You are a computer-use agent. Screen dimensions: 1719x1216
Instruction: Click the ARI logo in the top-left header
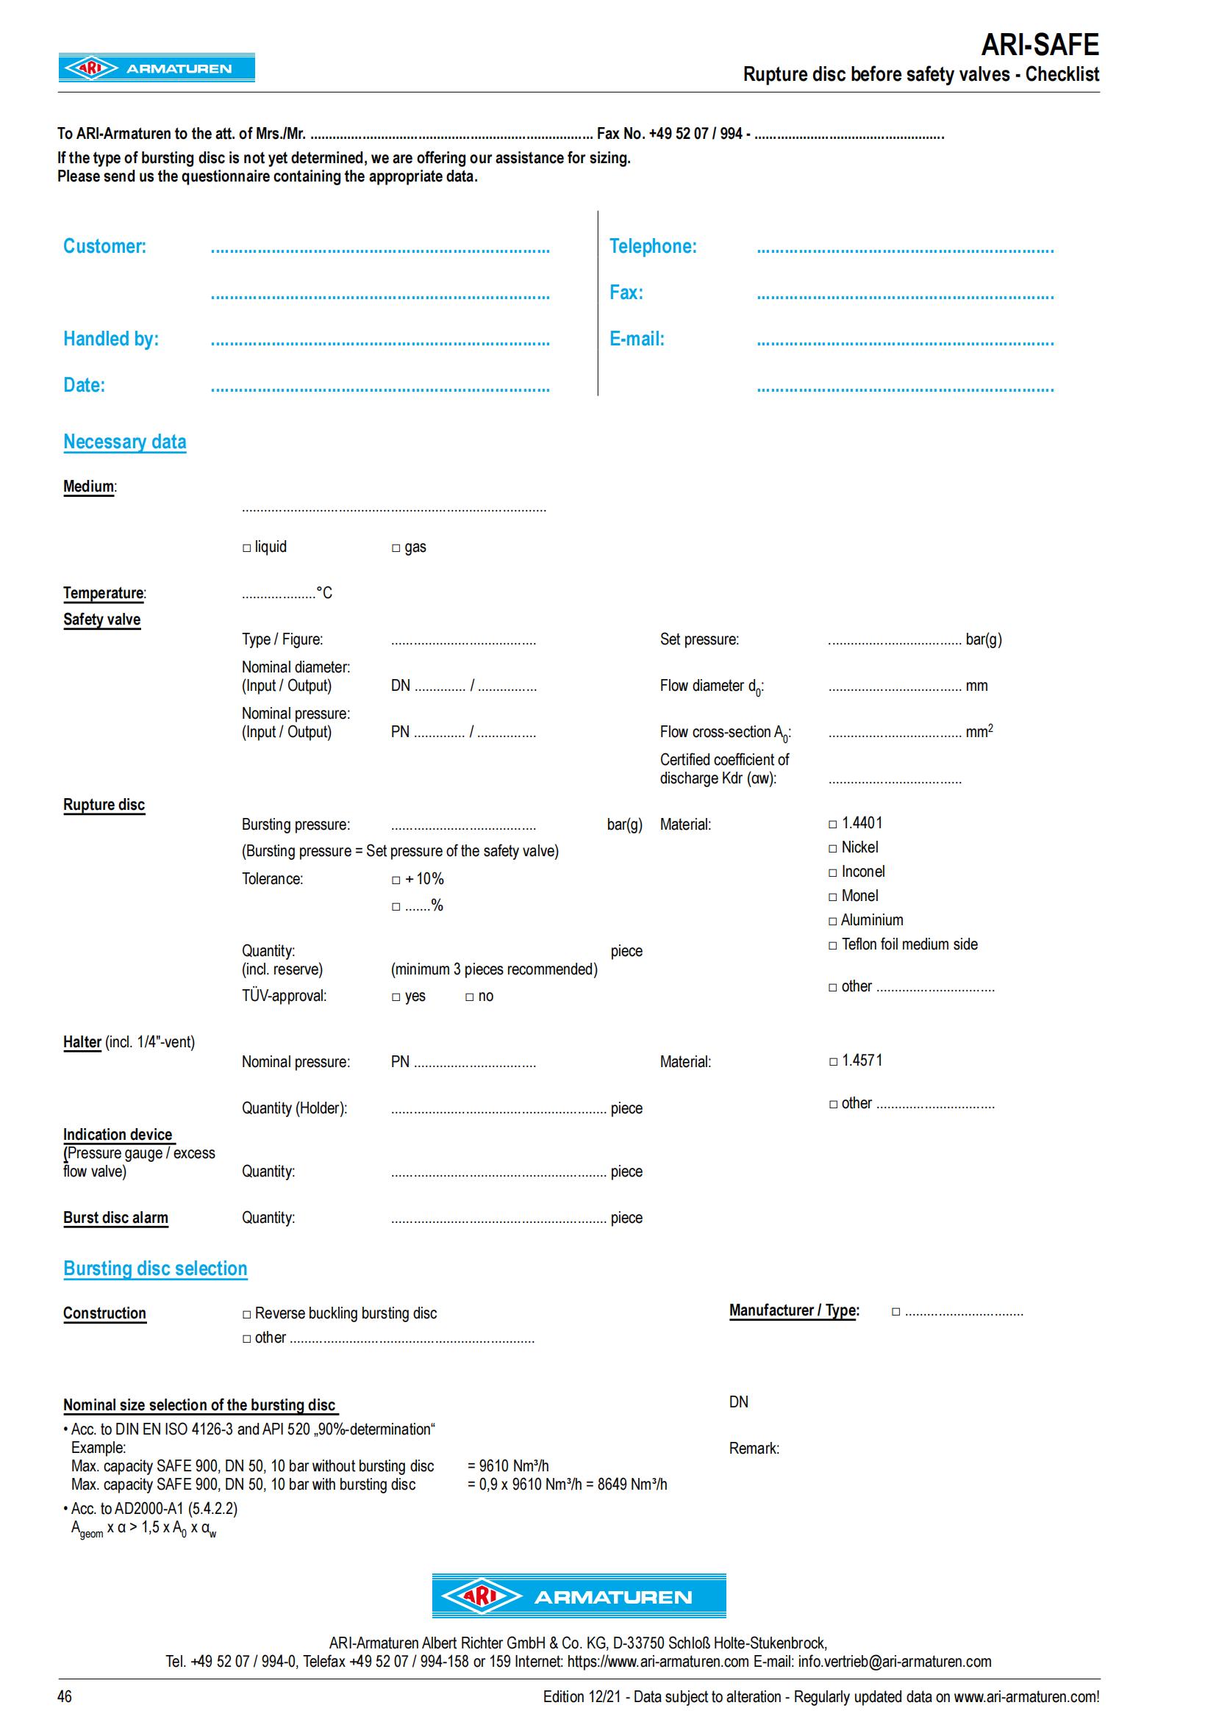(157, 68)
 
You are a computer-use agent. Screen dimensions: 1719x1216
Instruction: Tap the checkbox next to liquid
(246, 548)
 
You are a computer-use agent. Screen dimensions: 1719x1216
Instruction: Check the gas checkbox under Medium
(396, 548)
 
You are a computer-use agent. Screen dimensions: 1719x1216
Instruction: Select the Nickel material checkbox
(833, 848)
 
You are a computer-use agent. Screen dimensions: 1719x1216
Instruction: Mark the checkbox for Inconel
(833, 873)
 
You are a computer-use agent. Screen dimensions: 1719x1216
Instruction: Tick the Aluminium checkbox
(833, 921)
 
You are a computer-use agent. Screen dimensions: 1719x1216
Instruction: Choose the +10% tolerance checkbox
(396, 880)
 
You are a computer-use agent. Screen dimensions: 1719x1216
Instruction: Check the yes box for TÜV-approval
(396, 997)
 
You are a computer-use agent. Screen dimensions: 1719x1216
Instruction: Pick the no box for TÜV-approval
(470, 997)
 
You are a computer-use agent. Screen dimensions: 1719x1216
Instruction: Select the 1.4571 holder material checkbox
(834, 1062)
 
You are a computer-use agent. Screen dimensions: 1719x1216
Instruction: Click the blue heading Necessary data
(124, 442)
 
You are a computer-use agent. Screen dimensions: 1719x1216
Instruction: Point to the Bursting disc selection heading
(155, 1268)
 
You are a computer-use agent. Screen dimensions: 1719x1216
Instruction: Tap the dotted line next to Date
(379, 390)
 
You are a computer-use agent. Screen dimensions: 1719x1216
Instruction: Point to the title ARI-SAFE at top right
(1040, 45)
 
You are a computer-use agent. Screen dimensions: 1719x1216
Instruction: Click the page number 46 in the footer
(65, 1696)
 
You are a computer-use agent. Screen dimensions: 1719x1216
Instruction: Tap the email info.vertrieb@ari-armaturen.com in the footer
(894, 1662)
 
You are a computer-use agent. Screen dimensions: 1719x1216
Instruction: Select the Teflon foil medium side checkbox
(833, 946)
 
